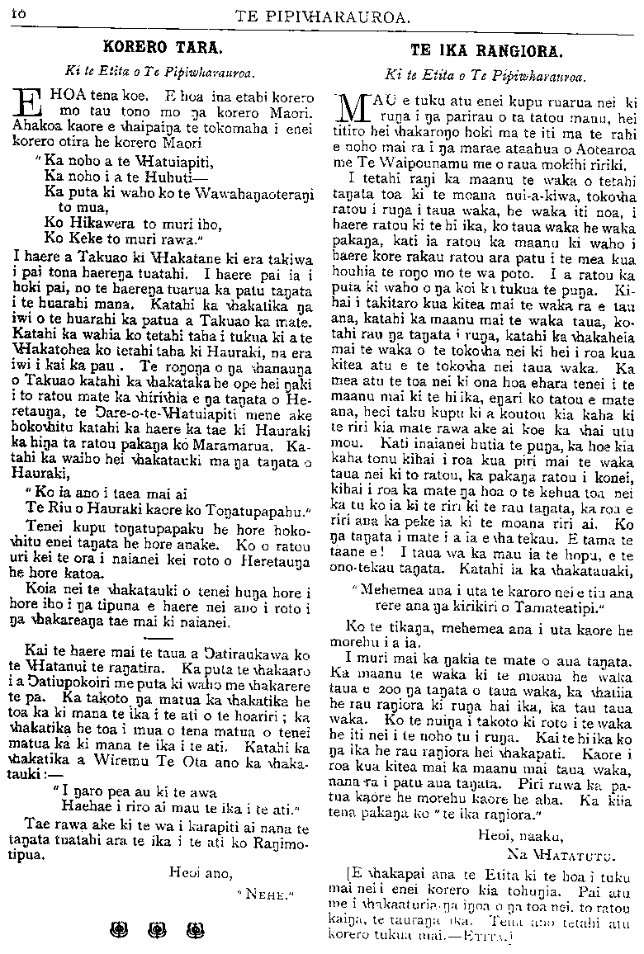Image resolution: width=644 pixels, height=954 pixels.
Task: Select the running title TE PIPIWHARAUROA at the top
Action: [324, 13]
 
